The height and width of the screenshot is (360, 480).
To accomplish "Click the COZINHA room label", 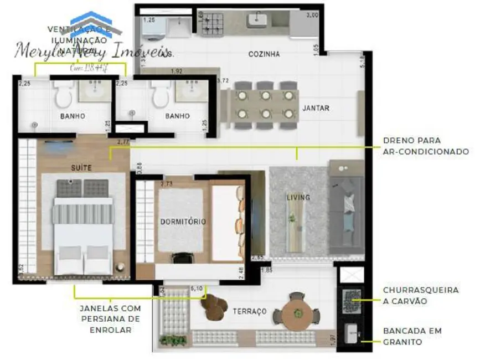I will click(264, 54).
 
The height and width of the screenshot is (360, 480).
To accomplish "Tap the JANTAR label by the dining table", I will click(316, 108).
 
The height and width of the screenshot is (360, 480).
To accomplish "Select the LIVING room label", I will click(298, 197).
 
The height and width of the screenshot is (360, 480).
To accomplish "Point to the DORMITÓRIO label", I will click(183, 222).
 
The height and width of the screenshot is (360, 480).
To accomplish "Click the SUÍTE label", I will click(81, 167).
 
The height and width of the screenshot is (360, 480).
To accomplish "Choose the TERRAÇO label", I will click(250, 311).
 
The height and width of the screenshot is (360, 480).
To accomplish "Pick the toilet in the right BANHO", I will click(161, 96).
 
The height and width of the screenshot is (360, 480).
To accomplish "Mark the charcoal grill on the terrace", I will click(351, 302).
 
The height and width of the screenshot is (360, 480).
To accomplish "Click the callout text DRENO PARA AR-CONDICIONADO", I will click(426, 146).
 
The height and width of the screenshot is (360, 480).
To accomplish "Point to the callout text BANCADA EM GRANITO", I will click(412, 336).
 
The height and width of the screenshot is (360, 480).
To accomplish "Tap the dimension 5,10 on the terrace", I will click(196, 288).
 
